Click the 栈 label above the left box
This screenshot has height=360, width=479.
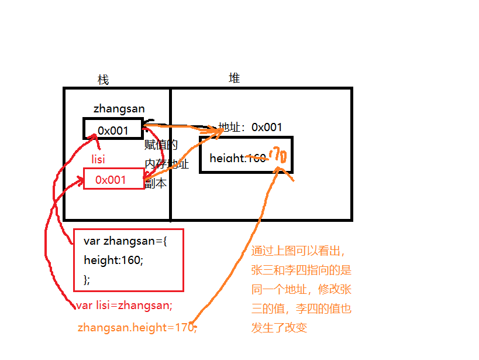(x=103, y=80)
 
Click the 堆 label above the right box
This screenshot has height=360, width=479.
(x=234, y=78)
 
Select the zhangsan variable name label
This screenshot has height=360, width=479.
(x=119, y=108)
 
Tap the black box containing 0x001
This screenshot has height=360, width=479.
(x=113, y=130)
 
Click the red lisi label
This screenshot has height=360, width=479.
(x=99, y=159)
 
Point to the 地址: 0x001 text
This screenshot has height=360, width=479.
(x=250, y=127)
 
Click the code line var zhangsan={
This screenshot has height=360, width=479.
(x=125, y=241)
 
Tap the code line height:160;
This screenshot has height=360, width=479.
(x=113, y=260)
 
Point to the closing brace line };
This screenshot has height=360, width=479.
(x=87, y=279)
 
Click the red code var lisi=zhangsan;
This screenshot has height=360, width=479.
(x=124, y=305)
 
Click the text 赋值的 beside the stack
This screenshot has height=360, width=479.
(x=161, y=145)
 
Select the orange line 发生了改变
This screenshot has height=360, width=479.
(x=279, y=328)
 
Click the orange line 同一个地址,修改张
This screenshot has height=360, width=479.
(x=301, y=290)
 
